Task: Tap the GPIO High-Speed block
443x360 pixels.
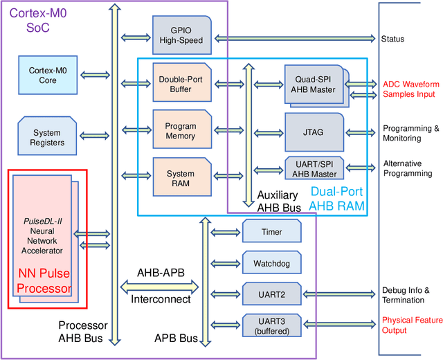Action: (181, 35)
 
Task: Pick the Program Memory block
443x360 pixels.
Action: (180, 131)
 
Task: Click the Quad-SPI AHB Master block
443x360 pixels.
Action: (313, 84)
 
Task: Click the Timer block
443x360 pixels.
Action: (272, 232)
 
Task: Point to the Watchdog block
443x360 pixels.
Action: (272, 263)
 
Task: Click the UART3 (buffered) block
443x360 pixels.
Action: (272, 325)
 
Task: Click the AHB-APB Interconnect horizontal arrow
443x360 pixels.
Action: (159, 285)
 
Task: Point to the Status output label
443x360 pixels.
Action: (392, 39)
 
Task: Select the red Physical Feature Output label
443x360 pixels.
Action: (412, 325)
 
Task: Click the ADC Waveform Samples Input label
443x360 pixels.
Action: (409, 89)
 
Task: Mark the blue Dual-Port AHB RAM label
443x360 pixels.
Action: (336, 199)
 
